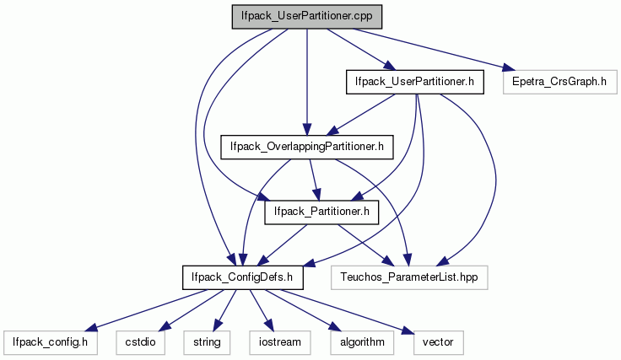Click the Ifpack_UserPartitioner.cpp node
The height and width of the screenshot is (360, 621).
(307, 17)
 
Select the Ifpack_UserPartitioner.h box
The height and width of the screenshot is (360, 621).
(414, 82)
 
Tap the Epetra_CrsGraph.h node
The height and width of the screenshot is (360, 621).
(560, 82)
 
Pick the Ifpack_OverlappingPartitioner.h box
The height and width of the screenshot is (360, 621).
(307, 148)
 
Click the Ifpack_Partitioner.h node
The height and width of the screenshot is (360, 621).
(321, 212)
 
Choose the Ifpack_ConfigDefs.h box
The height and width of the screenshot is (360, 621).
(243, 277)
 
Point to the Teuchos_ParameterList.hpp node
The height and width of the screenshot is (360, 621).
(409, 277)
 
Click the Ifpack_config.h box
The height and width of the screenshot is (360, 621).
(51, 342)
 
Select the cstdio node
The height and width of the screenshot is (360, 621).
(141, 342)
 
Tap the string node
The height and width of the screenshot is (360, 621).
(207, 342)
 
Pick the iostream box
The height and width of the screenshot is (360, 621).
(280, 342)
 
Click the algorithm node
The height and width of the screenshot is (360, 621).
(362, 342)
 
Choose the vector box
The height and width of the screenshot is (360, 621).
(438, 342)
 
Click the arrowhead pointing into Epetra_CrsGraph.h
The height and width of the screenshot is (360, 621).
(509, 68)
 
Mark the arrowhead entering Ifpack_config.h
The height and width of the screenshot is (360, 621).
(90, 328)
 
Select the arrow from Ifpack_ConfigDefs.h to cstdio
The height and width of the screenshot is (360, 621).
(191, 310)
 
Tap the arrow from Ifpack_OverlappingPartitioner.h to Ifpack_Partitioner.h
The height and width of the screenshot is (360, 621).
(314, 180)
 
